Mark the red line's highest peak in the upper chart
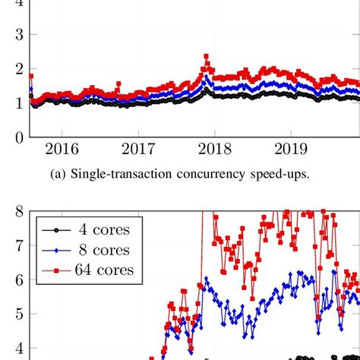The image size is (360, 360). point(206,56)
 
